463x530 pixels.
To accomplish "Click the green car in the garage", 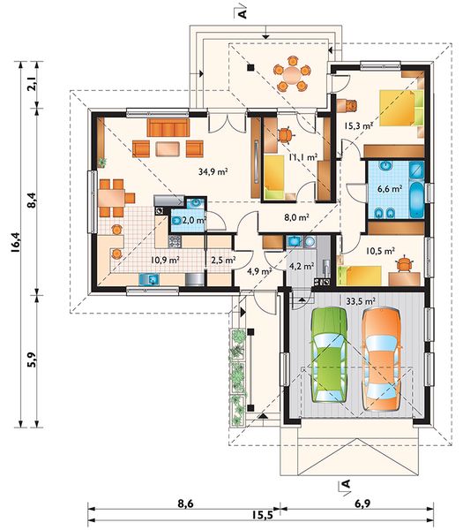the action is coord(329,354).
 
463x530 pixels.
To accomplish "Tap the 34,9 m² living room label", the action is coord(213,171).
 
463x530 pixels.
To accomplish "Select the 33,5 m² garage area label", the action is coord(361,301).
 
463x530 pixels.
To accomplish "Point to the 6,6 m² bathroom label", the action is coord(389,189).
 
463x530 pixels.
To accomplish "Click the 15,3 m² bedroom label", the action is coord(358,125).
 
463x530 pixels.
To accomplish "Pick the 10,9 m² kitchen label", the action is coord(165,260).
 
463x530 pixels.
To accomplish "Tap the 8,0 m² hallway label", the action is coord(297,217).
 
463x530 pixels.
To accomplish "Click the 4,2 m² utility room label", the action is coord(302,267).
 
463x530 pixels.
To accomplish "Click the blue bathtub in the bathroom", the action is coord(417,200).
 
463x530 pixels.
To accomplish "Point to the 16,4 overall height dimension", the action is coord(16,242).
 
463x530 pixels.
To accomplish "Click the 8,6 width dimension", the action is coord(185,503).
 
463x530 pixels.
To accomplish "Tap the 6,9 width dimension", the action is coord(362,503).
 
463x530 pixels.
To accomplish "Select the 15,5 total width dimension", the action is coord(262,515).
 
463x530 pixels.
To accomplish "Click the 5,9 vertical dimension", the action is coord(32,360).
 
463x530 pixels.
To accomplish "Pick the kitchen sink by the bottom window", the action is coord(149,279).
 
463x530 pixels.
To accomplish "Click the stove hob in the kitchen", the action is coord(175,241).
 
